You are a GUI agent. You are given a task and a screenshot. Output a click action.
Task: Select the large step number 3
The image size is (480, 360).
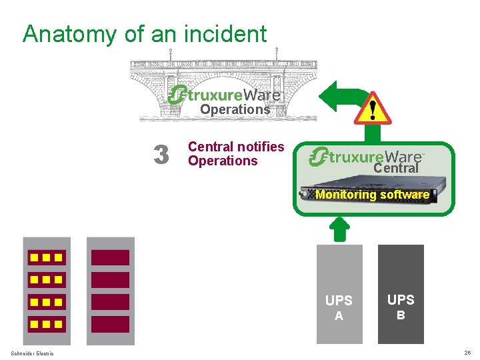[161, 155]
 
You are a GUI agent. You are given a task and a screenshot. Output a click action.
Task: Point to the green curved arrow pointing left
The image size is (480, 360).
[337, 97]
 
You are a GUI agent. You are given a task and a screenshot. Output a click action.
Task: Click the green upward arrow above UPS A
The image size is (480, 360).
[339, 229]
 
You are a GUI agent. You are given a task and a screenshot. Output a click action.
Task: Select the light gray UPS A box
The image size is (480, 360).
[339, 294]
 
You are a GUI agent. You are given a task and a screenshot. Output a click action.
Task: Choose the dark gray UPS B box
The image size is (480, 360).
[401, 294]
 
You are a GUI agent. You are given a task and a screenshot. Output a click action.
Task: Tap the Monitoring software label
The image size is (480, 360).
[372, 195]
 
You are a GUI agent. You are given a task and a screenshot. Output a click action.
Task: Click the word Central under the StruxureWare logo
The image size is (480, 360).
[395, 169]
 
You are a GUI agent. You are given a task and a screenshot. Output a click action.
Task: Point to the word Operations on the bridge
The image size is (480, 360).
[235, 109]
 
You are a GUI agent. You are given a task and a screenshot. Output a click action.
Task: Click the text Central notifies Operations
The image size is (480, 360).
[235, 153]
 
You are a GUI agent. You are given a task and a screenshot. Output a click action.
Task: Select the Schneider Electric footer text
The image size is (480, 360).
[33, 353]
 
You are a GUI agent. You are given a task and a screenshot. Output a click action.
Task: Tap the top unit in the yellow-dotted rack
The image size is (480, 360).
[46, 257]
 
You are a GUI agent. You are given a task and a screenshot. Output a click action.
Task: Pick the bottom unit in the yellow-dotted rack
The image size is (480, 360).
[46, 325]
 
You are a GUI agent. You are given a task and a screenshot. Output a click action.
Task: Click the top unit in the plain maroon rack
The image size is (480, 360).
[110, 257]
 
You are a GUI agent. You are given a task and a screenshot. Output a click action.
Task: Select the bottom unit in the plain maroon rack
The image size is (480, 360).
[110, 325]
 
